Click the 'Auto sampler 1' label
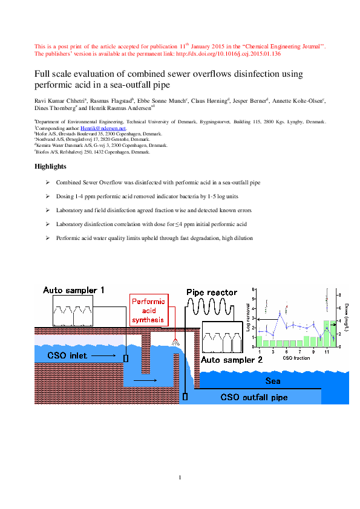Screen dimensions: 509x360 tap(73, 291)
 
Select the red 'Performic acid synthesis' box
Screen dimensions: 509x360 tap(148, 310)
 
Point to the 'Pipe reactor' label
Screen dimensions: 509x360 tap(211, 292)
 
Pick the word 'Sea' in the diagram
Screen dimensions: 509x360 tap(273, 381)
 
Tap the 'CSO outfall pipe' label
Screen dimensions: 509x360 tap(254, 397)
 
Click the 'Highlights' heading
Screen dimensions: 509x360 tap(50, 166)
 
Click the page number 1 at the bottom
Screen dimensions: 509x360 tap(180, 478)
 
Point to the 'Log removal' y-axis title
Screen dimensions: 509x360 tap(249, 318)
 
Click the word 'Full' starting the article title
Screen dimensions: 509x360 tap(42, 74)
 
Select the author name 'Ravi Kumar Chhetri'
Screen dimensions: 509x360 tap(59, 100)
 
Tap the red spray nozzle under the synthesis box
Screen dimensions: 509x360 tap(175, 342)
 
